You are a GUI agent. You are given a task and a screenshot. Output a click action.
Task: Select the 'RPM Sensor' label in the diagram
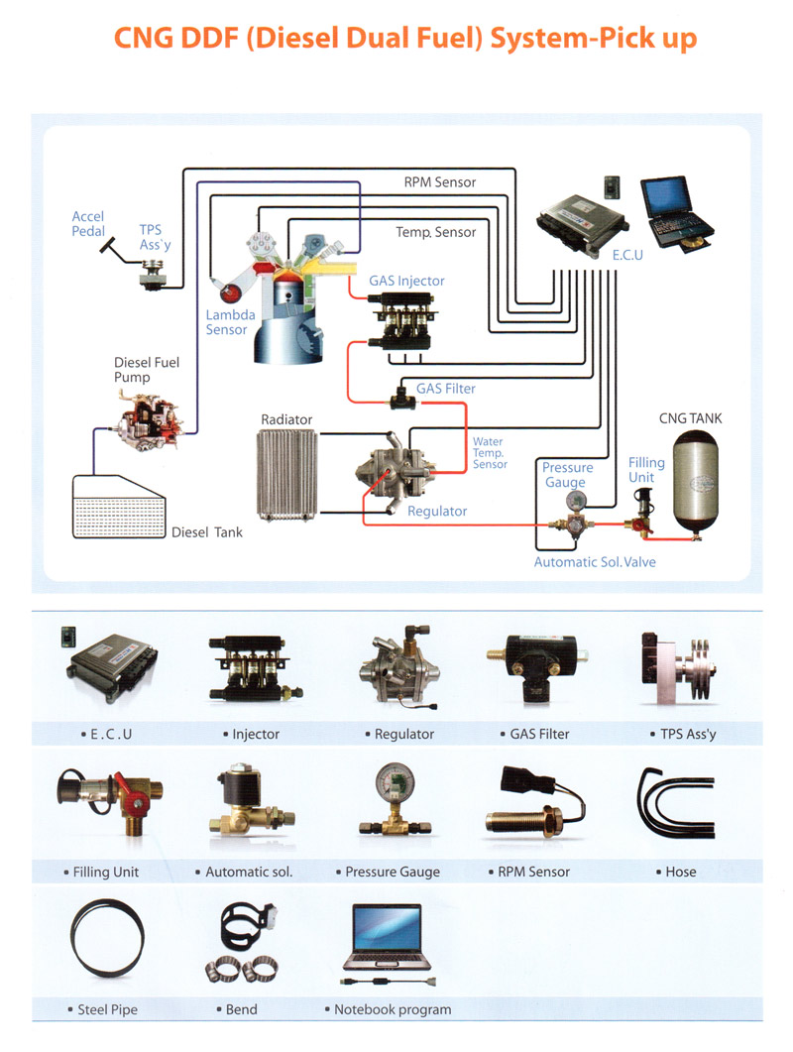440,182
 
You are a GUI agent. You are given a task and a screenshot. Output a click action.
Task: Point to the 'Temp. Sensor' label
436,232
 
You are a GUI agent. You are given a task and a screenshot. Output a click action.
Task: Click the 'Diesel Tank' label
207,532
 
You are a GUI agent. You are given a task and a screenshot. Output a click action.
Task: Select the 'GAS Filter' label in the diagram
446,389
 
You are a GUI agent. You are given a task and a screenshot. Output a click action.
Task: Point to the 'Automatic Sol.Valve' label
595,562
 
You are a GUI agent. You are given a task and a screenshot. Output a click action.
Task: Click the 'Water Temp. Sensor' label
490,453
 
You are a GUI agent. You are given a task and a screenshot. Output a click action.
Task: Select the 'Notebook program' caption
393,1009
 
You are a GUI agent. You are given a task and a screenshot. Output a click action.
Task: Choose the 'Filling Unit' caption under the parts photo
106,873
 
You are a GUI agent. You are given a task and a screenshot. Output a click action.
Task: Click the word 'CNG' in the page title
148,39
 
